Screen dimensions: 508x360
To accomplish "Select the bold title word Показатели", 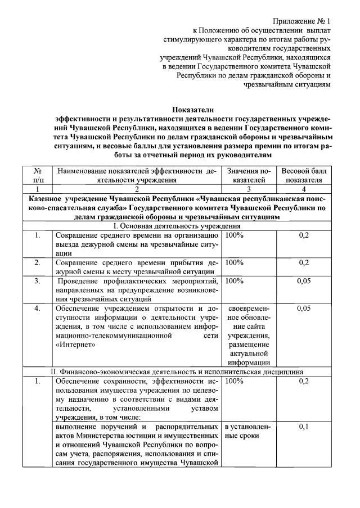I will [x=193, y=110].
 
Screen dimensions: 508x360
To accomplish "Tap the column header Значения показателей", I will [x=249, y=175].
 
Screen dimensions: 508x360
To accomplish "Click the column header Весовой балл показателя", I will [x=304, y=175].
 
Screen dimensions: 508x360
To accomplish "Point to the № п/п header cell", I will [x=38, y=175].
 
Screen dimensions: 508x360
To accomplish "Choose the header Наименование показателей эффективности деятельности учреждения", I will [x=137, y=175].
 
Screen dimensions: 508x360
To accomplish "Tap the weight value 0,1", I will [x=304, y=427].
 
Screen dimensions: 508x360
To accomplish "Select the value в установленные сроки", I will [x=247, y=432].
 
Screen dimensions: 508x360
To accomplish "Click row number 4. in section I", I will [x=37, y=309].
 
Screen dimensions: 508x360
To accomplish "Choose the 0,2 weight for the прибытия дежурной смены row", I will [x=304, y=262].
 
